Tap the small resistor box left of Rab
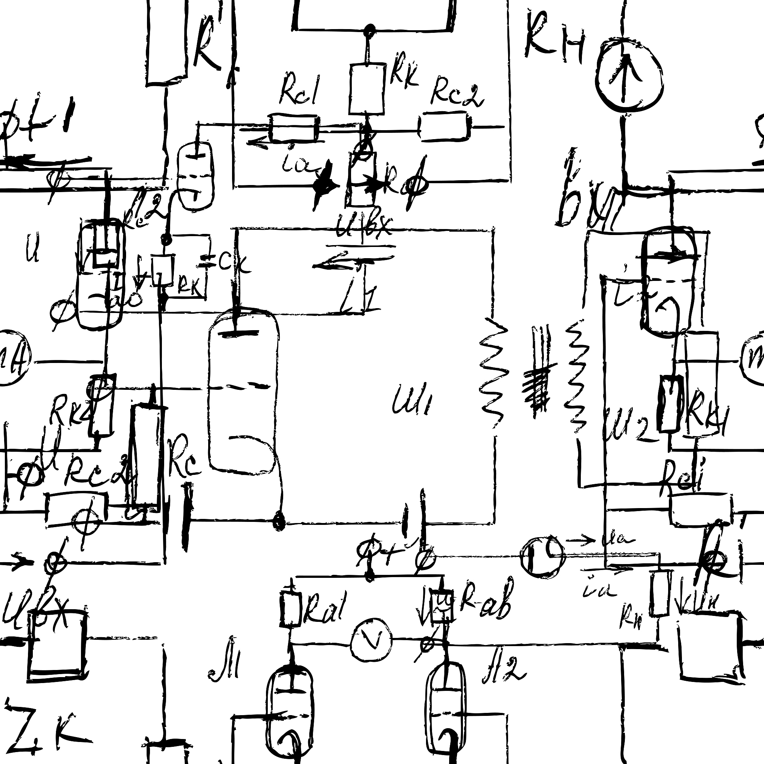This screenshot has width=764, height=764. [441, 605]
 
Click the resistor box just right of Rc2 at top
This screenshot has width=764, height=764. [444, 127]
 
